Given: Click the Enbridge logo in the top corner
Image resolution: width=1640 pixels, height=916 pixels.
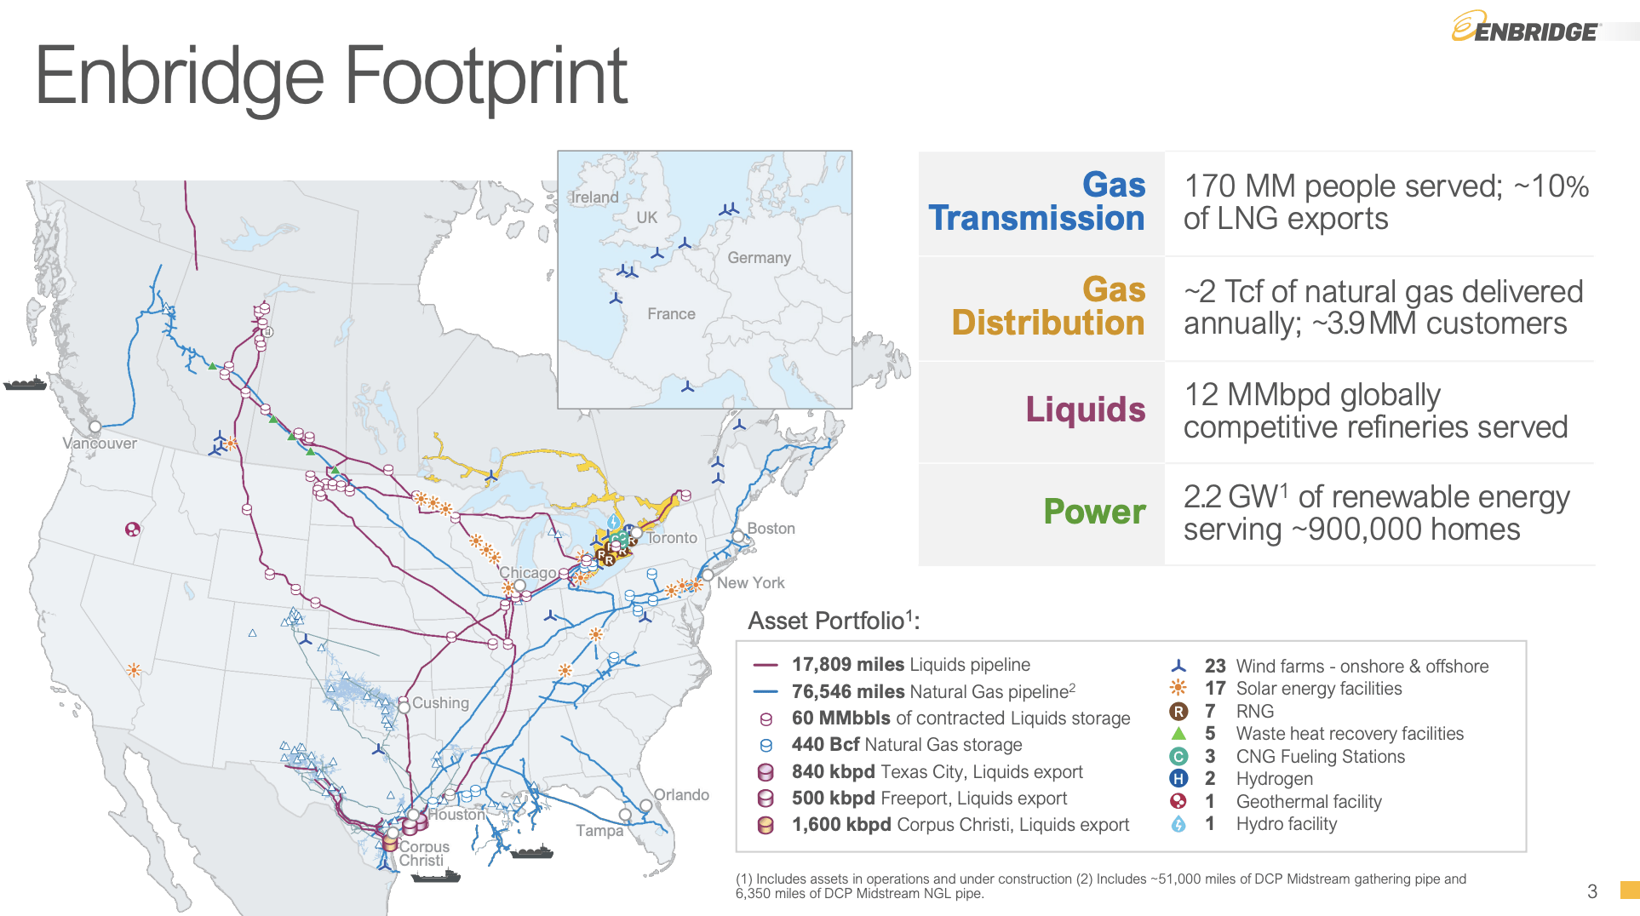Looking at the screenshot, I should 1525,28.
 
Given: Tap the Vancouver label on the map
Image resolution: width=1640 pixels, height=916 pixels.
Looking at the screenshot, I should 100,444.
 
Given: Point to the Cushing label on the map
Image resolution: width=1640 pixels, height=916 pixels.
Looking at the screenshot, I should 440,703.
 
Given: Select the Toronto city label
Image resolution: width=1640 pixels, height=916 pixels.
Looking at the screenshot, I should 672,538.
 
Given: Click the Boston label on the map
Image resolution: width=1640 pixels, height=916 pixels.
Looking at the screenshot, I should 771,529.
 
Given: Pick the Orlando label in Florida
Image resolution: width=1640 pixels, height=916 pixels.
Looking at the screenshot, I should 681,795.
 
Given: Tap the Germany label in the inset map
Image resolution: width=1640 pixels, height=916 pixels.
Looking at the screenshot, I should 759,258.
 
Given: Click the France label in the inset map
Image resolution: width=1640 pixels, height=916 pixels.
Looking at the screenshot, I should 671,314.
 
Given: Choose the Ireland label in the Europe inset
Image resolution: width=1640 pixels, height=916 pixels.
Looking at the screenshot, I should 594,198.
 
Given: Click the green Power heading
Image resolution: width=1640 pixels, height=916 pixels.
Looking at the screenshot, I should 1094,512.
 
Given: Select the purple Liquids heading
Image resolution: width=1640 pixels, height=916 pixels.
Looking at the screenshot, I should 1085,409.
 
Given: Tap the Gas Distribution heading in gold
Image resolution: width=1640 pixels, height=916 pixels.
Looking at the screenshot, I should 1048,306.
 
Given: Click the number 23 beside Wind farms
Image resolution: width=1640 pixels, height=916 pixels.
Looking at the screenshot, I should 1215,666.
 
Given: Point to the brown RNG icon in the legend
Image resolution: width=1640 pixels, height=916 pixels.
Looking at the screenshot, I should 1178,712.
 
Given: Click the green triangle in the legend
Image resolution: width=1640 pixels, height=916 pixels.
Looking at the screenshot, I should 1178,733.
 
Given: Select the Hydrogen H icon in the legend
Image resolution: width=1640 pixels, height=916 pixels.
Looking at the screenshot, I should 1178,778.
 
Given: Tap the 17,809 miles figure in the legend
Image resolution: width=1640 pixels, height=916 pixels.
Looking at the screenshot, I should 847,665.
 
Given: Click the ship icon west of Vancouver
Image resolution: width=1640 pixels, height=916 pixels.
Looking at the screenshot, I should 25,384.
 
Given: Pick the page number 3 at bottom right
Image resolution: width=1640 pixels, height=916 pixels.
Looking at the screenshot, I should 1591,891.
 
